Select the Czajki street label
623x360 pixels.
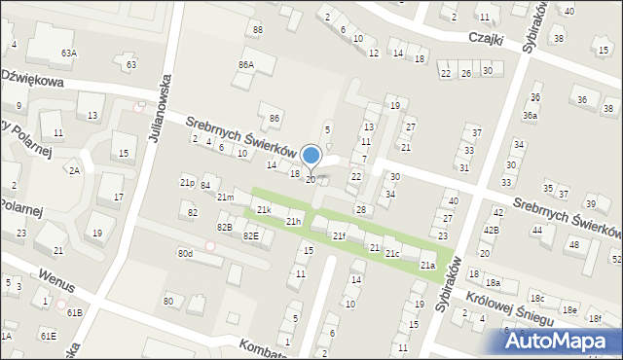pyautogui.click(x=483, y=45)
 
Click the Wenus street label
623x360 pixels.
pyautogui.click(x=57, y=276)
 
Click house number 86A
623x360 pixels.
pyautogui.click(x=245, y=64)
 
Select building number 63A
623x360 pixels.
pyautogui.click(x=68, y=53)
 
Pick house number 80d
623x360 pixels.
pyautogui.click(x=185, y=254)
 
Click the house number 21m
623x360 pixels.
pyautogui.click(x=225, y=198)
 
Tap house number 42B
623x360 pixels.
pyautogui.click(x=492, y=230)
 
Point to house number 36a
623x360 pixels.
pyautogui.click(x=530, y=115)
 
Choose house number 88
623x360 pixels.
pyautogui.click(x=257, y=30)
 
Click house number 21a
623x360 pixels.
pyautogui.click(x=426, y=265)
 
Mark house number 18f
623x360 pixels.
pyautogui.click(x=595, y=318)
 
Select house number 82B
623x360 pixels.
pyautogui.click(x=225, y=227)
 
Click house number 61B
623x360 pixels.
pyautogui.click(x=74, y=312)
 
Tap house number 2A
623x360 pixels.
pyautogui.click(x=74, y=170)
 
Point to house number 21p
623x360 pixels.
pyautogui.click(x=187, y=182)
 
